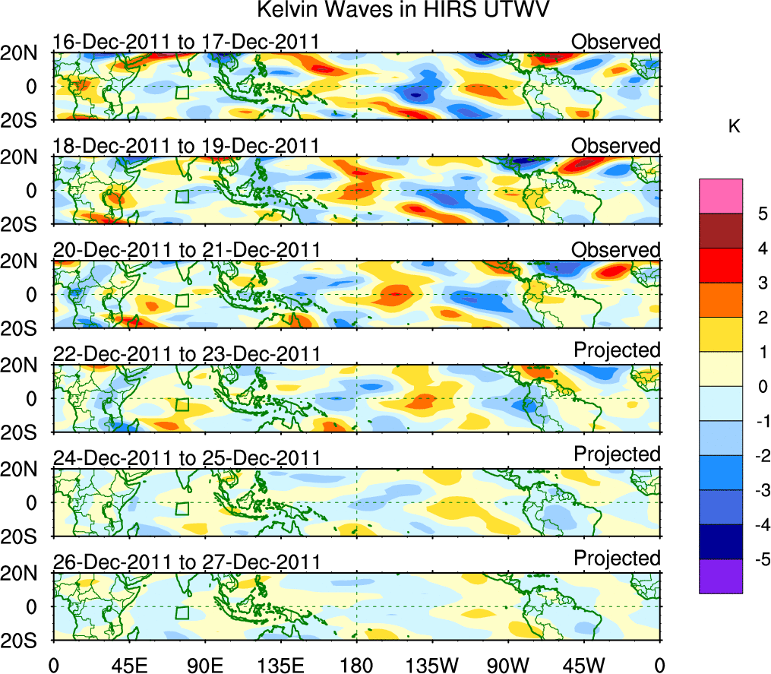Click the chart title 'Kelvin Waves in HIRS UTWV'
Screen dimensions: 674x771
tap(403, 11)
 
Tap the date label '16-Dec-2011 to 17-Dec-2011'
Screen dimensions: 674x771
tap(185, 42)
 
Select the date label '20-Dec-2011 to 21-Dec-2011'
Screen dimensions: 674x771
tap(185, 250)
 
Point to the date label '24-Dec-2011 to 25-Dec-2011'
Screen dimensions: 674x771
tap(185, 457)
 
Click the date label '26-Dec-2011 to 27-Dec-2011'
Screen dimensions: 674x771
tap(185, 562)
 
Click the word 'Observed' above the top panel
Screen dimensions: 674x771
tap(616, 42)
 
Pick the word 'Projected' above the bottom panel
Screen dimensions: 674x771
tap(617, 559)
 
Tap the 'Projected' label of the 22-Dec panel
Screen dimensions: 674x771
tap(617, 350)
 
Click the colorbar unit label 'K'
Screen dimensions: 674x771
tap(734, 127)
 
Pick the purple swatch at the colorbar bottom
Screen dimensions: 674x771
tap(720, 576)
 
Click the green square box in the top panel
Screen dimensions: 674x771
tap(181, 92)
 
